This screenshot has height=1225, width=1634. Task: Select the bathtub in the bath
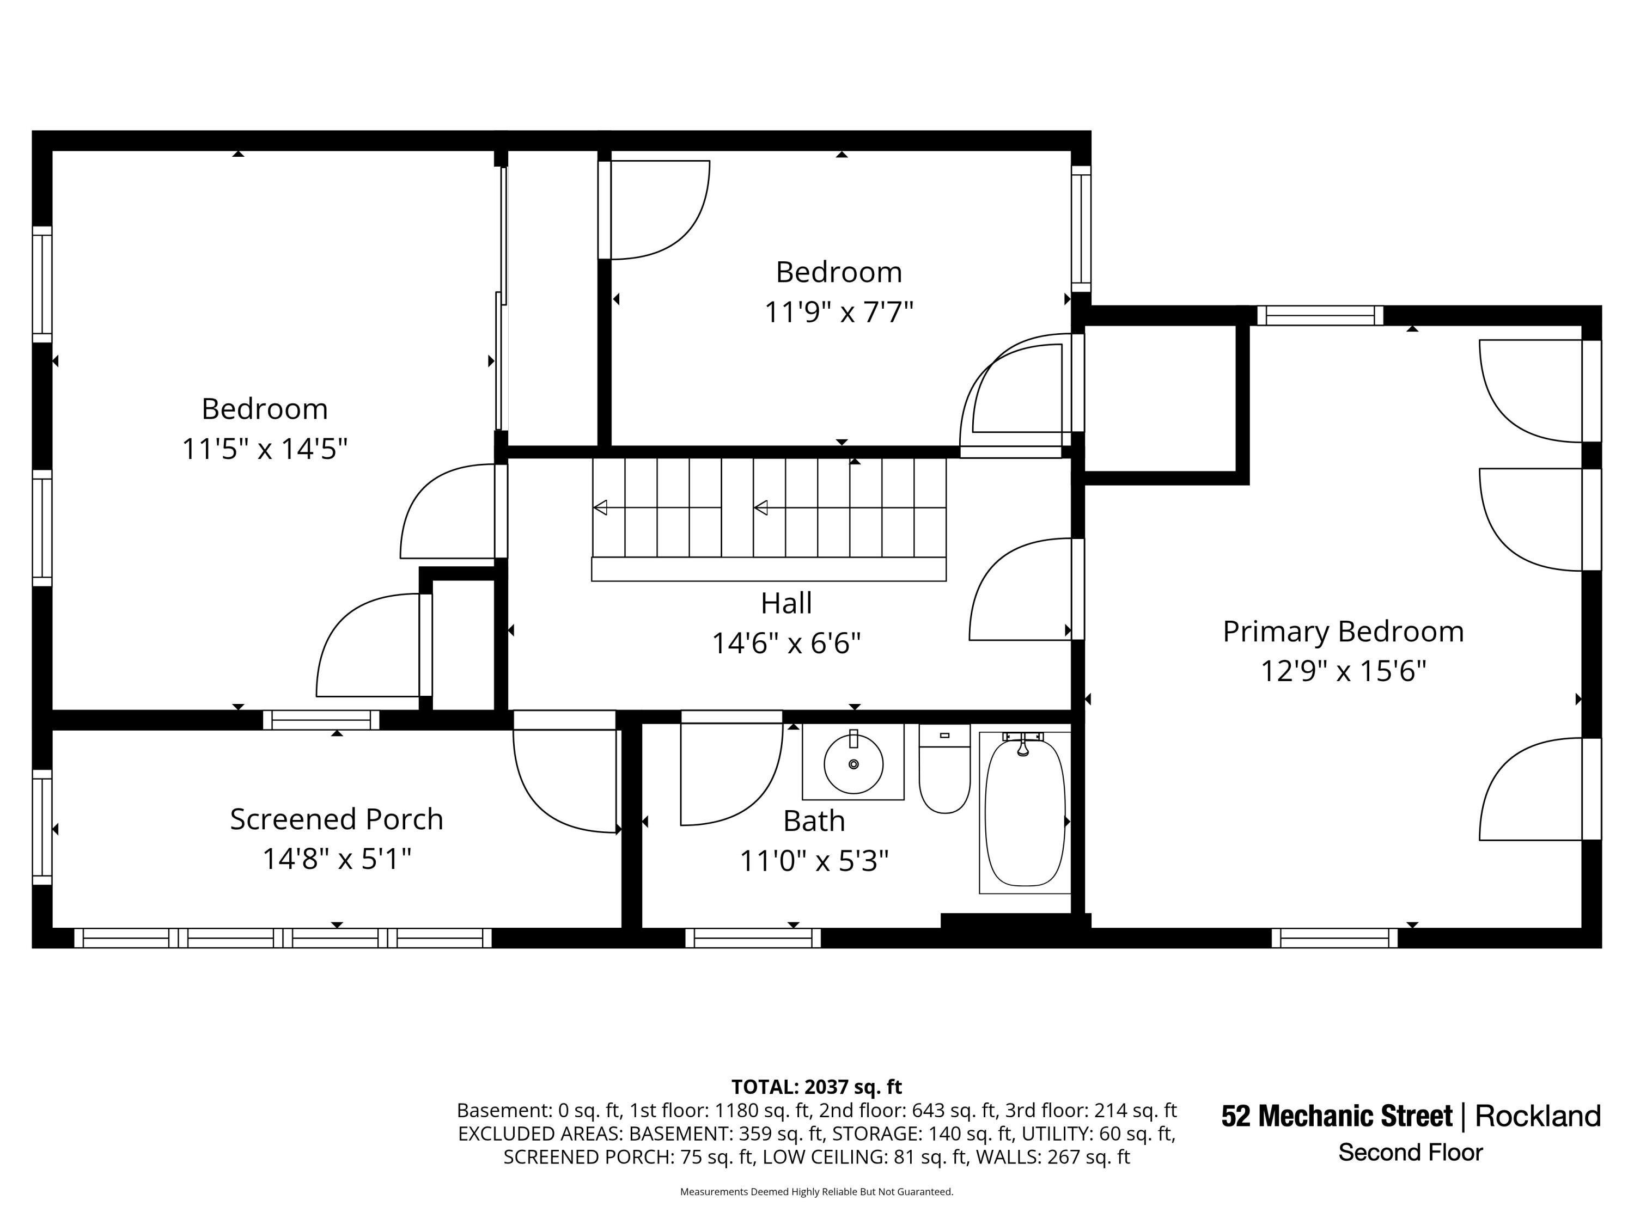point(1025,812)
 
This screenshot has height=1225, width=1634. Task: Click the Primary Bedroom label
point(1343,632)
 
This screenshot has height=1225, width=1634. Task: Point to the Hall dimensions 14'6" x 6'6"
point(786,643)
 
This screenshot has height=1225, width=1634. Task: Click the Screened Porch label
point(336,819)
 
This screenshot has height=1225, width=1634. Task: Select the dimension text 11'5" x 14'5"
point(265,448)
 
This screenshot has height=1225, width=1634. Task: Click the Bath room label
point(814,820)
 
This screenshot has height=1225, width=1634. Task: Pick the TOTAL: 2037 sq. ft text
point(816,1087)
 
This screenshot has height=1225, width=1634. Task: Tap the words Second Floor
point(1410,1153)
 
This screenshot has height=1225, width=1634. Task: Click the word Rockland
point(1538,1116)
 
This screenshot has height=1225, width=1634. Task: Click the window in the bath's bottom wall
point(753,938)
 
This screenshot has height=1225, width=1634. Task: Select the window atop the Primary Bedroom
point(1320,315)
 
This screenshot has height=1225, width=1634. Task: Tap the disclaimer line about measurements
point(816,1191)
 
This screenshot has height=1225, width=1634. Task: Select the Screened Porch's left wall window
point(42,826)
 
